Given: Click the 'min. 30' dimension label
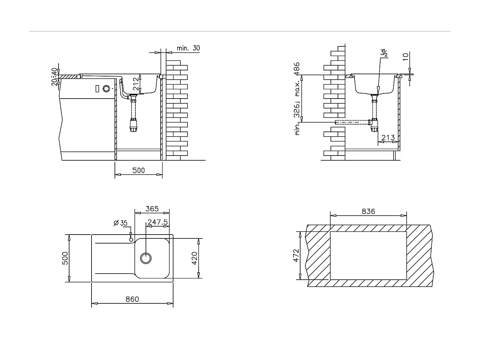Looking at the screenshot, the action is tap(188, 48).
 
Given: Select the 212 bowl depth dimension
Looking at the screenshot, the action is tap(136, 84).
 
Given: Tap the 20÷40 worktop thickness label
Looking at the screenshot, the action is tap(54, 77).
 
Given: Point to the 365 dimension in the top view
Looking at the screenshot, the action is tap(152, 209).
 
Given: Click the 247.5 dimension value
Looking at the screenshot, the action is tap(157, 222).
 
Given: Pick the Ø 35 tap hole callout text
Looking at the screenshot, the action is tap(121, 223).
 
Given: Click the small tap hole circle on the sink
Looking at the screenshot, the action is tap(131, 240).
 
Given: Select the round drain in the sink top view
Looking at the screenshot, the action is tap(146, 258).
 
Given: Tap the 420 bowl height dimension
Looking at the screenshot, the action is tap(195, 258).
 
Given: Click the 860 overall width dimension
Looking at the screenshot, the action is tap(132, 299).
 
